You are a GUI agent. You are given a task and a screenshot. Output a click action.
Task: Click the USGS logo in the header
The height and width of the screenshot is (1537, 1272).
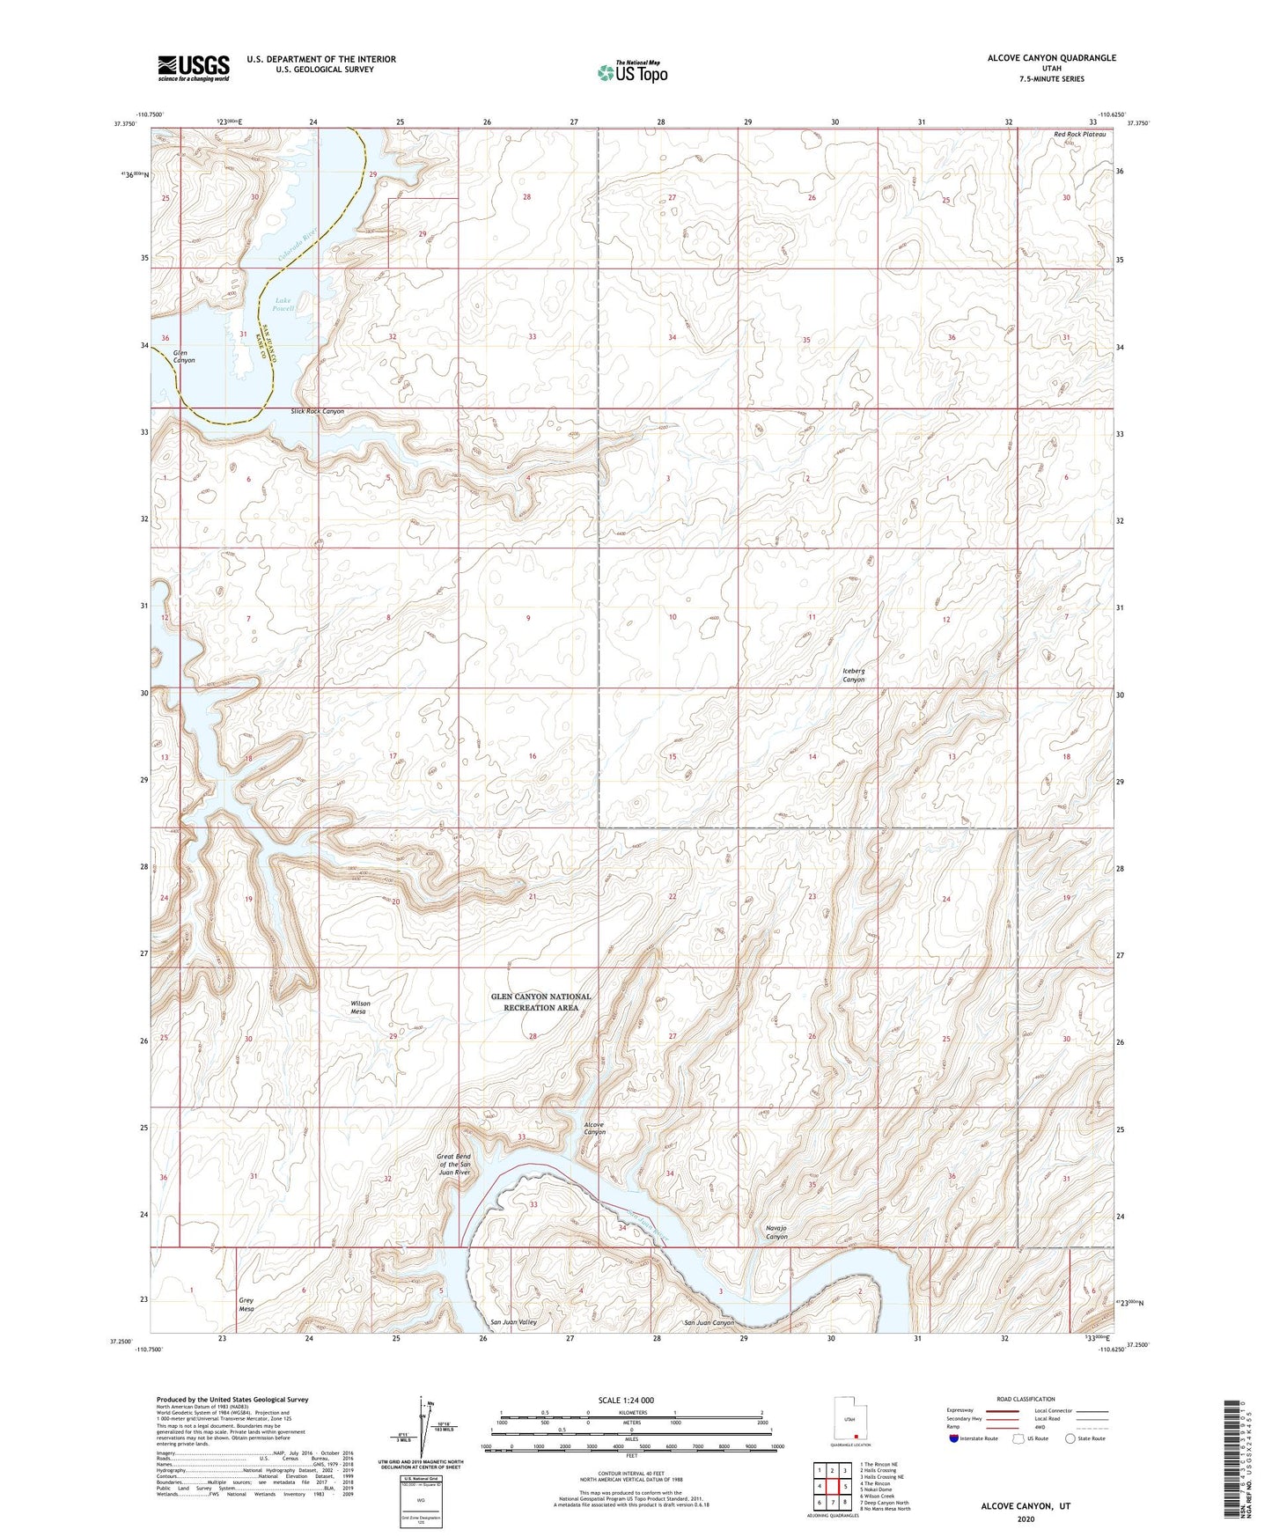point(194,68)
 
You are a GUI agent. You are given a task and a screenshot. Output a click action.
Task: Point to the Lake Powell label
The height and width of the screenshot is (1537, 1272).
point(283,305)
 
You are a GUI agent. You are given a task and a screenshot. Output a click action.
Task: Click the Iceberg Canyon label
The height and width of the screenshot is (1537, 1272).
point(853,675)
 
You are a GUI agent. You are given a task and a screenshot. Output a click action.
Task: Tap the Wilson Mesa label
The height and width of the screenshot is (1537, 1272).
point(360,1007)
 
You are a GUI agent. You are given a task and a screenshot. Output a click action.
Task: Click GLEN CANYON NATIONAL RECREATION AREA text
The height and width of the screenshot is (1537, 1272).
point(540,1002)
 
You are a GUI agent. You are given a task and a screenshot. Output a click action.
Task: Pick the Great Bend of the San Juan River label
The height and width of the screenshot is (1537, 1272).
point(454,1165)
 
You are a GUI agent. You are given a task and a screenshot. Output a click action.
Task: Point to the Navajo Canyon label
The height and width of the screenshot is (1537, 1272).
point(776,1232)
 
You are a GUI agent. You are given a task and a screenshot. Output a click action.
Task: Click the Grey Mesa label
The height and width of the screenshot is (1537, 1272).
point(246,1305)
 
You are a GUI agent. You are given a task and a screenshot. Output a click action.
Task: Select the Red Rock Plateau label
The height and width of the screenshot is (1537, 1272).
point(1079,134)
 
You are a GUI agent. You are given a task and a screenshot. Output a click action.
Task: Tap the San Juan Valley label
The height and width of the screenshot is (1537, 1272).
point(513,1322)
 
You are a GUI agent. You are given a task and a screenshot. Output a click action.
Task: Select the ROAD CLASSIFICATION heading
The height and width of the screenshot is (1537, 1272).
point(1026,1399)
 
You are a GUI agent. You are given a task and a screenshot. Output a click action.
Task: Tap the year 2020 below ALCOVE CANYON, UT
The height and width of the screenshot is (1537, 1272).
point(1025,1519)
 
